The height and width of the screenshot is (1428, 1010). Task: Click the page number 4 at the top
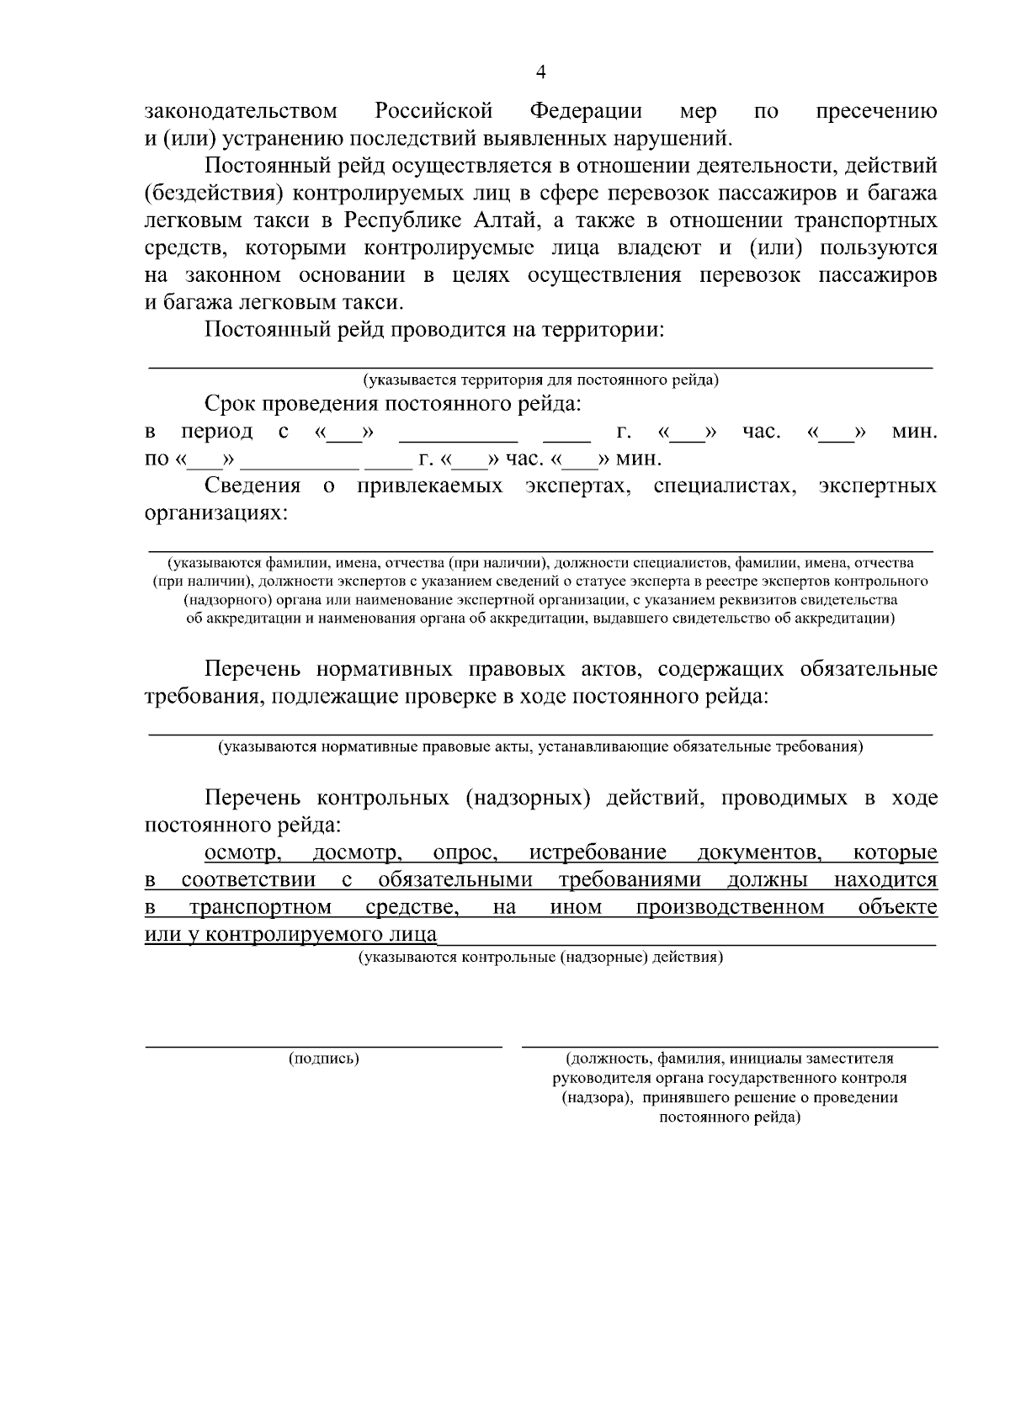541,73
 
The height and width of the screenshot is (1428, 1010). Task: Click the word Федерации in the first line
586,111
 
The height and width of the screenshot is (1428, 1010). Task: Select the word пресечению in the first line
877,111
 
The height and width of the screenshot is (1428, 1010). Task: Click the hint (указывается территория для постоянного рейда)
540,380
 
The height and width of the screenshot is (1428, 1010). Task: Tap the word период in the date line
217,432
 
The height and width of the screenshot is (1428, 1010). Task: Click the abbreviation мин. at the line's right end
914,432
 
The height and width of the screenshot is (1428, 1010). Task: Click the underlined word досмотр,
357,853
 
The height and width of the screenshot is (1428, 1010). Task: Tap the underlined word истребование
598,853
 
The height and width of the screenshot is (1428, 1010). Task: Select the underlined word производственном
730,908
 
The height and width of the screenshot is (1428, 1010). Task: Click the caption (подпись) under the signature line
324,1059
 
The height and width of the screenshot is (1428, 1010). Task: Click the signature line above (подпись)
324,1046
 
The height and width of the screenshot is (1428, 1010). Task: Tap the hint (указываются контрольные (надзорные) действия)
540,958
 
